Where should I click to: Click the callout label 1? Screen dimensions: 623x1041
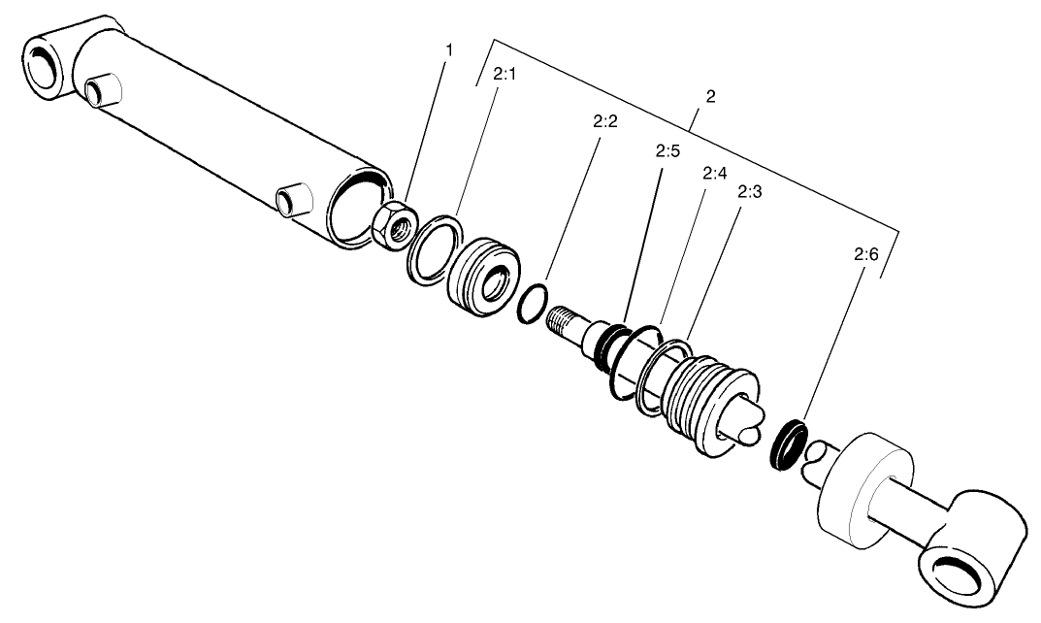(x=448, y=49)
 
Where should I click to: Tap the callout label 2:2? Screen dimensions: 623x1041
(x=604, y=123)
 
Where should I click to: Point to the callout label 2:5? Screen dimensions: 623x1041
(x=667, y=151)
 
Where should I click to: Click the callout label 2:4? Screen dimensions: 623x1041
(x=715, y=174)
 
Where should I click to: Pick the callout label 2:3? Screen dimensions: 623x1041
(x=749, y=192)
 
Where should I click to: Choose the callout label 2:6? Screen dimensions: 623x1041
(x=865, y=255)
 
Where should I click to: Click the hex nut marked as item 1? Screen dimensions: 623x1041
(x=393, y=226)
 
